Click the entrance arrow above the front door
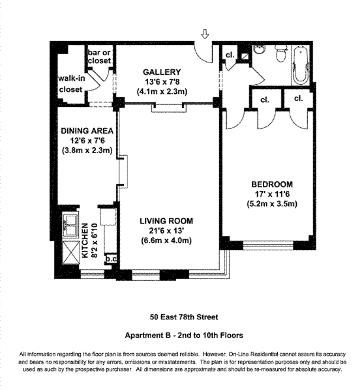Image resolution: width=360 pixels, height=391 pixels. [205, 34]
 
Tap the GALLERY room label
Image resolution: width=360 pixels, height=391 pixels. [162, 72]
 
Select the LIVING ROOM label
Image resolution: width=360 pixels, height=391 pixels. [166, 221]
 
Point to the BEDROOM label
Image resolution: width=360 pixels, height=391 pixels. [272, 184]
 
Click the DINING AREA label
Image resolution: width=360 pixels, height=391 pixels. [87, 131]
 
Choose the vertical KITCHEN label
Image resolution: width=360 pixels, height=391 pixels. [85, 240]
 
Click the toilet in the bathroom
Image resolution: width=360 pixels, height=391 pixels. [281, 53]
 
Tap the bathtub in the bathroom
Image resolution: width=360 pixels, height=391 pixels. [301, 65]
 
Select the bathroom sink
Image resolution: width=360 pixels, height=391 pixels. [260, 50]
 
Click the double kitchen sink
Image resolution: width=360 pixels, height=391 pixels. [71, 225]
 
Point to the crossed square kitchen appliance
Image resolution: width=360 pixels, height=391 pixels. [70, 253]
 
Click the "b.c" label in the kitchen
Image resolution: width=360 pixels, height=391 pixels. [111, 259]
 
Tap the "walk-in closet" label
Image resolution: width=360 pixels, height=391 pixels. [71, 84]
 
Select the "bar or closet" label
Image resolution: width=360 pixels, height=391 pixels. [99, 57]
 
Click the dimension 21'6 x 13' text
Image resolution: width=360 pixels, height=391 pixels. [166, 231]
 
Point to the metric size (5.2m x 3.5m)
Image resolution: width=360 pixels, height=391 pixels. [272, 204]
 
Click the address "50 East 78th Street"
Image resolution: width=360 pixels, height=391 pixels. [184, 317]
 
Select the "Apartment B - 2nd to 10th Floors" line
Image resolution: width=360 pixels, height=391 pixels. [184, 336]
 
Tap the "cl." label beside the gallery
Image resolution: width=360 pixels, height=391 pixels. [230, 55]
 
